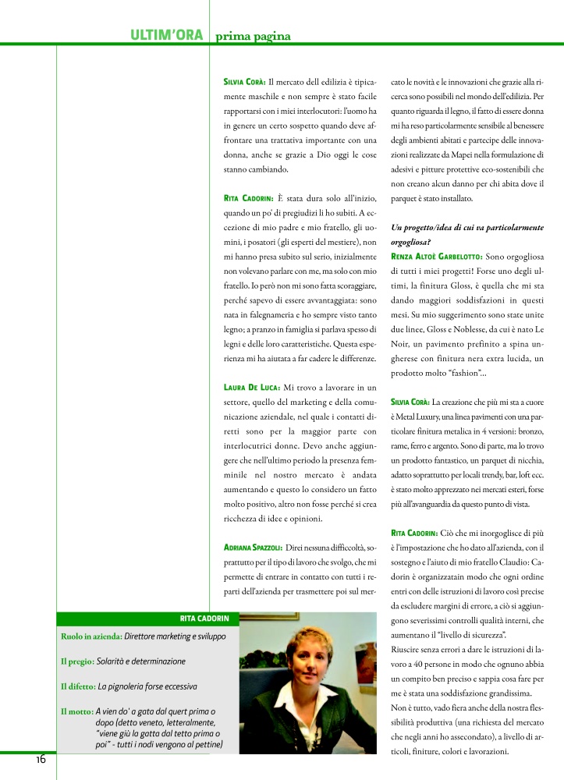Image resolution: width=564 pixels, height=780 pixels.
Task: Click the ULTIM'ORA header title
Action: pyautogui.click(x=166, y=35)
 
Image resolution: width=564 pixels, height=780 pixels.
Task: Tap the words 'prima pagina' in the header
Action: pyautogui.click(x=253, y=36)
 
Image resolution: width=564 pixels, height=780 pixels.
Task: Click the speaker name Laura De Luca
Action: pyautogui.click(x=251, y=387)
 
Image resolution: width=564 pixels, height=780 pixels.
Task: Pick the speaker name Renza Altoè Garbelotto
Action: pyautogui.click(x=436, y=256)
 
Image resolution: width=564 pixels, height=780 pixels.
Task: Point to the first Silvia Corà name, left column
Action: pyautogui.click(x=245, y=80)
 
